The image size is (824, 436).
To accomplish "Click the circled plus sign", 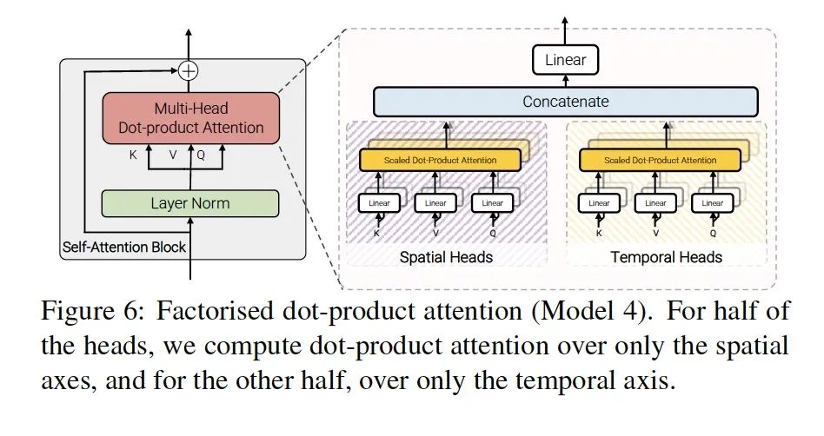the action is tap(188, 70).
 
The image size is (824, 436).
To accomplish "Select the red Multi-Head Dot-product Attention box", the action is tap(190, 118).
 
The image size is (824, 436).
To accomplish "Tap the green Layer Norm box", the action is tap(189, 203).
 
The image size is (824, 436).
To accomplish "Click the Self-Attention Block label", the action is tap(124, 247).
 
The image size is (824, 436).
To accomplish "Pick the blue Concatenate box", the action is tap(566, 102).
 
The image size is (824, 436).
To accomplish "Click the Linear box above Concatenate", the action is tap(565, 60).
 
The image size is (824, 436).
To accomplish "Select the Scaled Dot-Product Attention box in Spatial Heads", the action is tap(440, 160).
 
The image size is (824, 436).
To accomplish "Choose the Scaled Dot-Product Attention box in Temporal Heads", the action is tap(660, 160).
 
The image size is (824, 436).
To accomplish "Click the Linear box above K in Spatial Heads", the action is tap(379, 203).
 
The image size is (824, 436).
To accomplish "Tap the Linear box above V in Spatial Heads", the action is tap(435, 203).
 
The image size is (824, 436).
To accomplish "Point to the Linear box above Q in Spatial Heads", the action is tap(492, 203).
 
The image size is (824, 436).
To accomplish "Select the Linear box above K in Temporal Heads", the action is tap(599, 203).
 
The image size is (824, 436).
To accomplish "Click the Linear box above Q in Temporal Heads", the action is tap(712, 203).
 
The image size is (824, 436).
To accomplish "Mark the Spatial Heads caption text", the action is tap(446, 257).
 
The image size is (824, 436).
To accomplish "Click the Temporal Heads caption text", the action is tap(666, 257).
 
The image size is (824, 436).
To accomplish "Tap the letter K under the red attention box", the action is tap(133, 155).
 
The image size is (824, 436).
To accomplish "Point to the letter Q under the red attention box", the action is tap(201, 155).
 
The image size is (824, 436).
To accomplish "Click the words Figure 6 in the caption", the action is tap(91, 311).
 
